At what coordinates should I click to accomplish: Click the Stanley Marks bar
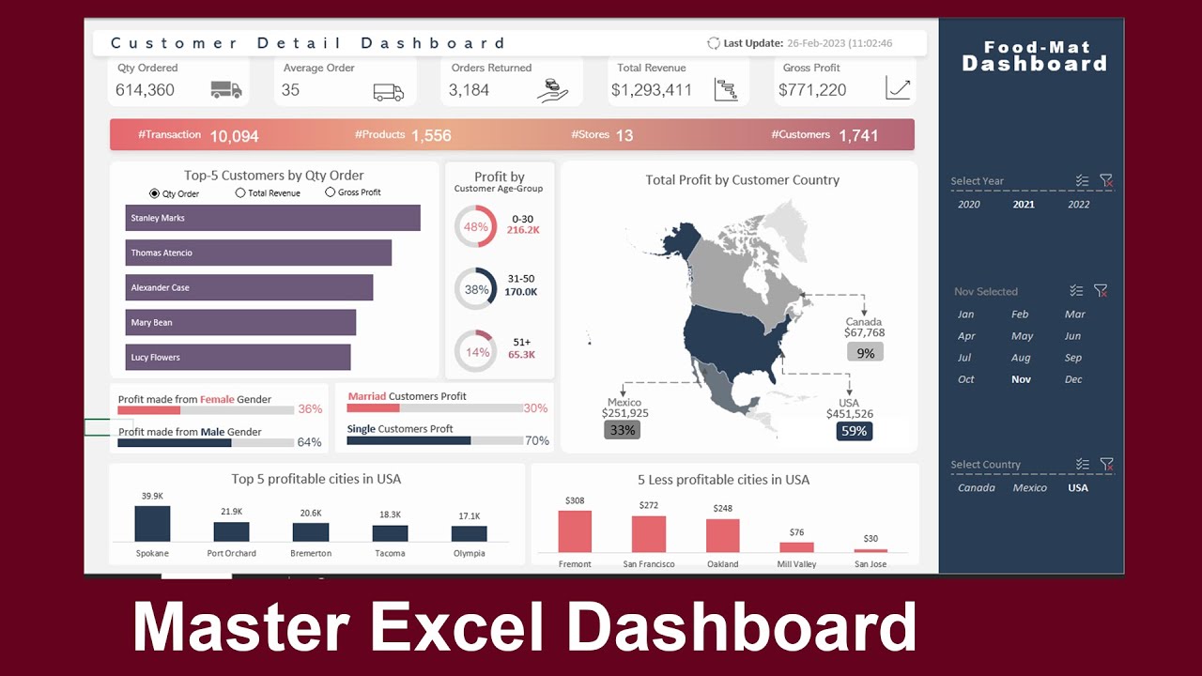pos(272,218)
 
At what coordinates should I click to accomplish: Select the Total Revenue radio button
pos(240,192)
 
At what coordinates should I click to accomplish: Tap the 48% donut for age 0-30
pos(475,226)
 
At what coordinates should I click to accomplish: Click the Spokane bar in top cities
pos(152,524)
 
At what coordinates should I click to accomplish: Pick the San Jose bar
pos(871,550)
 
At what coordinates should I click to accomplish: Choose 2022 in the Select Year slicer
pos(1079,205)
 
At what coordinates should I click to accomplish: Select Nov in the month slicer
pos(1021,379)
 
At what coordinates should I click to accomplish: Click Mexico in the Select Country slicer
pos(1029,488)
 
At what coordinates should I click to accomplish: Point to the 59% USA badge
pos(854,431)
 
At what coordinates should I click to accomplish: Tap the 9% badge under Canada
pos(865,353)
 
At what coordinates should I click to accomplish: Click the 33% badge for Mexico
pos(623,430)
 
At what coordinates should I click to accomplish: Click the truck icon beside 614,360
pos(226,90)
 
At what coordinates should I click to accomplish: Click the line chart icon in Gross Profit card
pos(898,89)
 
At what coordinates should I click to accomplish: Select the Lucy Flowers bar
pos(238,357)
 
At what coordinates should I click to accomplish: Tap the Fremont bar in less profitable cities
pos(575,531)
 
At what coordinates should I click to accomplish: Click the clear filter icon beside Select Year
pos(1106,181)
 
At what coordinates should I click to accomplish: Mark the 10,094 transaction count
pos(234,136)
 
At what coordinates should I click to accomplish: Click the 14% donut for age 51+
pos(475,352)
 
